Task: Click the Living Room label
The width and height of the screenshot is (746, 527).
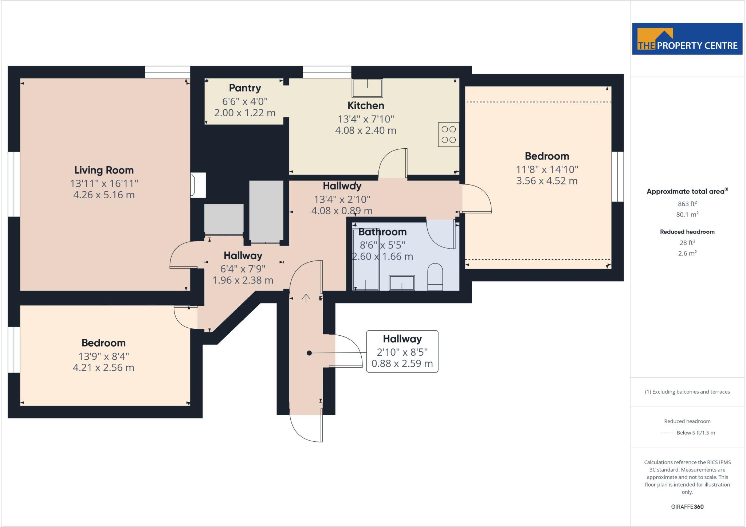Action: [104, 170]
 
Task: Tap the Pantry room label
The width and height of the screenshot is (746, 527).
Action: [245, 88]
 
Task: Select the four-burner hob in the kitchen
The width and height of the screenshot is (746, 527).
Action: [448, 134]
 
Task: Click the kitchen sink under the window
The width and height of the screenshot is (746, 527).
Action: [367, 88]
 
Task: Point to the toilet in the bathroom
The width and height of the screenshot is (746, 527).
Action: [435, 277]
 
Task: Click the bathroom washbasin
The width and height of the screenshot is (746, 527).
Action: [402, 283]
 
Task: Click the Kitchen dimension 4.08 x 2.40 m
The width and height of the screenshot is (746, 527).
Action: [365, 130]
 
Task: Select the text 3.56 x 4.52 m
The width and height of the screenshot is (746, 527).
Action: [546, 181]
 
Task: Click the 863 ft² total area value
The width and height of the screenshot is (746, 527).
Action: [687, 204]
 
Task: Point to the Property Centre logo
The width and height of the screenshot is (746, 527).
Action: [687, 39]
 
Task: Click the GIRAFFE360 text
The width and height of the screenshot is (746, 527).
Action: [687, 507]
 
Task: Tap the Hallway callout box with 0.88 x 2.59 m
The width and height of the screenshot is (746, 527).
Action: [402, 351]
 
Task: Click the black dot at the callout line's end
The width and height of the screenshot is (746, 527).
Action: [309, 353]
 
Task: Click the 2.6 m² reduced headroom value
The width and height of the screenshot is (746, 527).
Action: [687, 253]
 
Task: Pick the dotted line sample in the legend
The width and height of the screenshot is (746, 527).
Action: [665, 433]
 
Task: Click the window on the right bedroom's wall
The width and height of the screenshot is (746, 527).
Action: [617, 177]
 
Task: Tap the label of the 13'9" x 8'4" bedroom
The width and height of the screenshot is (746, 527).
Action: [103, 343]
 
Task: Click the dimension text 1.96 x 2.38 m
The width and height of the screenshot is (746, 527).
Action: [243, 280]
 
